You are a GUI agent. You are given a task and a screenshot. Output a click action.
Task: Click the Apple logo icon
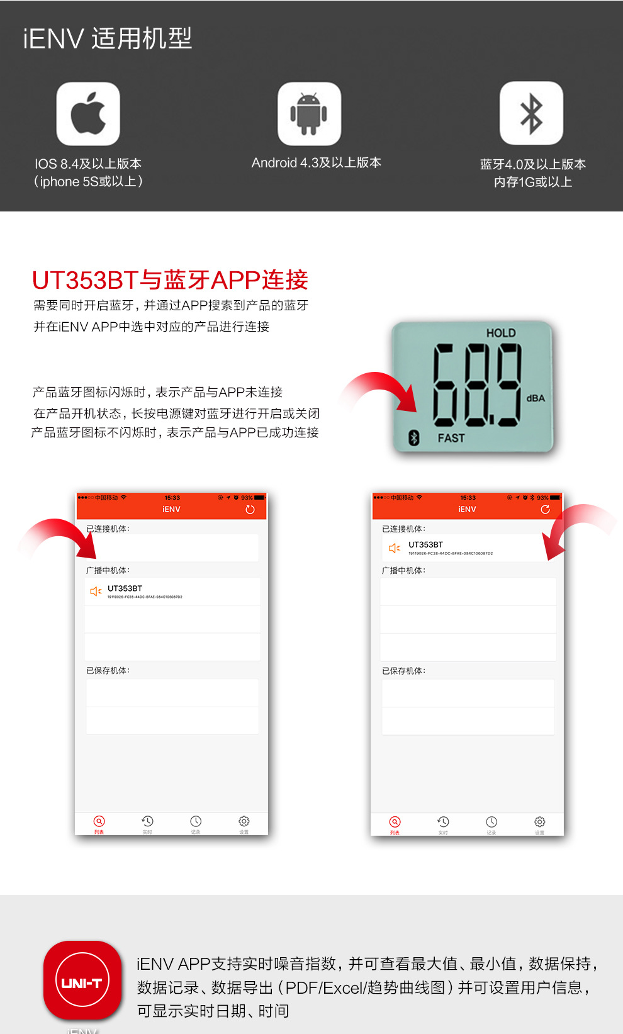click(88, 114)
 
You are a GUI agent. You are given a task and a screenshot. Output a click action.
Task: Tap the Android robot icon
click(309, 114)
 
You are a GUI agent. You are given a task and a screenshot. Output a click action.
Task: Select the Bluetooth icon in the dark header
click(531, 114)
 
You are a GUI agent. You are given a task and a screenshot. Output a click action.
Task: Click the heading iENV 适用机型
click(108, 39)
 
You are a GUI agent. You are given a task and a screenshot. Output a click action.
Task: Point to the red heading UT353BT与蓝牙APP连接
click(170, 280)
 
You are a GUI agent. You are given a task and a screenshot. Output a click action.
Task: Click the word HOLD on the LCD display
click(501, 333)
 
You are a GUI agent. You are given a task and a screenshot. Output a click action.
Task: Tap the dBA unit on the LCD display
click(536, 398)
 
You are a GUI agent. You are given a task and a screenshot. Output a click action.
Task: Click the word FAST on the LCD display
click(451, 438)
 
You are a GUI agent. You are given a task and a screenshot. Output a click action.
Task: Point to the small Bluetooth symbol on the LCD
click(414, 437)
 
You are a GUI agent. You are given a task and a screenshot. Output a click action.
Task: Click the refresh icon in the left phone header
click(250, 510)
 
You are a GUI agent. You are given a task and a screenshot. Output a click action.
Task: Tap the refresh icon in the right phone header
click(545, 510)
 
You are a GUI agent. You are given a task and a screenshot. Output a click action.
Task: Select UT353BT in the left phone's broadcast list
click(125, 589)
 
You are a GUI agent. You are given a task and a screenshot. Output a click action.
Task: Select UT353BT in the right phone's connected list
click(425, 545)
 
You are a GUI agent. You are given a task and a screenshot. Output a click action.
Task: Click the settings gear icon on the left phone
click(244, 821)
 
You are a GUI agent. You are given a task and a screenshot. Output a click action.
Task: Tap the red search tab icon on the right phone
click(395, 822)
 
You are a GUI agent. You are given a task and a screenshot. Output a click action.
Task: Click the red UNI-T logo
click(82, 981)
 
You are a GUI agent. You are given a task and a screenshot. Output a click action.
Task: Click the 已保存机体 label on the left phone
click(108, 671)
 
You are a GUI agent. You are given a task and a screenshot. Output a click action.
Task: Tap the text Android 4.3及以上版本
click(317, 163)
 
